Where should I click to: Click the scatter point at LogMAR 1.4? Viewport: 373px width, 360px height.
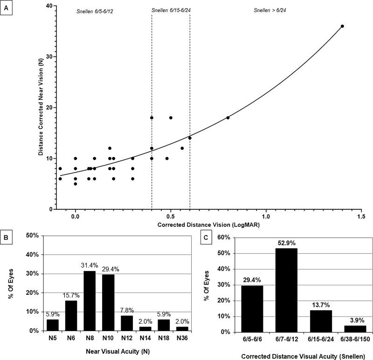(x=342, y=26)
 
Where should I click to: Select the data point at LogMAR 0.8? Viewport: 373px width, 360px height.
(x=228, y=118)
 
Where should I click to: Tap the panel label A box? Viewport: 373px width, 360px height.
(x=7, y=7)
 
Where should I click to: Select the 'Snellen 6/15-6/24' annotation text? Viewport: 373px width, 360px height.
(x=171, y=10)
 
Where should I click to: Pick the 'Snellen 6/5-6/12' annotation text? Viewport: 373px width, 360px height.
(x=95, y=10)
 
